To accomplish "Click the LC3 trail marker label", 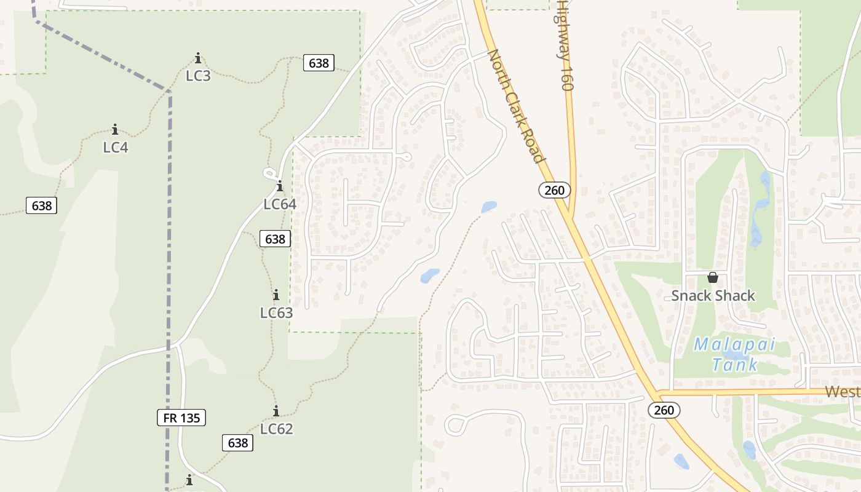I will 198,76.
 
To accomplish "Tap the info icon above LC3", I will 198,58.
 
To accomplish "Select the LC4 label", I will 116,147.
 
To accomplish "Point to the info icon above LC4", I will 115,129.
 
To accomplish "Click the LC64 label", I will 280,204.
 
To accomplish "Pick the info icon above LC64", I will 280,186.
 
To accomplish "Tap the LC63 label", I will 276,312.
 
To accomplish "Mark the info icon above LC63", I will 276,295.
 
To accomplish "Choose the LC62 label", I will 276,429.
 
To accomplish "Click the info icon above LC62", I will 276,411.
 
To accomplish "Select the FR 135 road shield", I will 181,418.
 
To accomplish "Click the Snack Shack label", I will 713,296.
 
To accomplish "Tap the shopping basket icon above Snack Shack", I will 713,277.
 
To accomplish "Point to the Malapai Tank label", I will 734,354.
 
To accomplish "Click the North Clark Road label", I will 517,106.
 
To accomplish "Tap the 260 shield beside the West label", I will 664,410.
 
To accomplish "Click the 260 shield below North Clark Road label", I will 554,190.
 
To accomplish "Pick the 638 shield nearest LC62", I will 237,442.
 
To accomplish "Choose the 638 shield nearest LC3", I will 319,63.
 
